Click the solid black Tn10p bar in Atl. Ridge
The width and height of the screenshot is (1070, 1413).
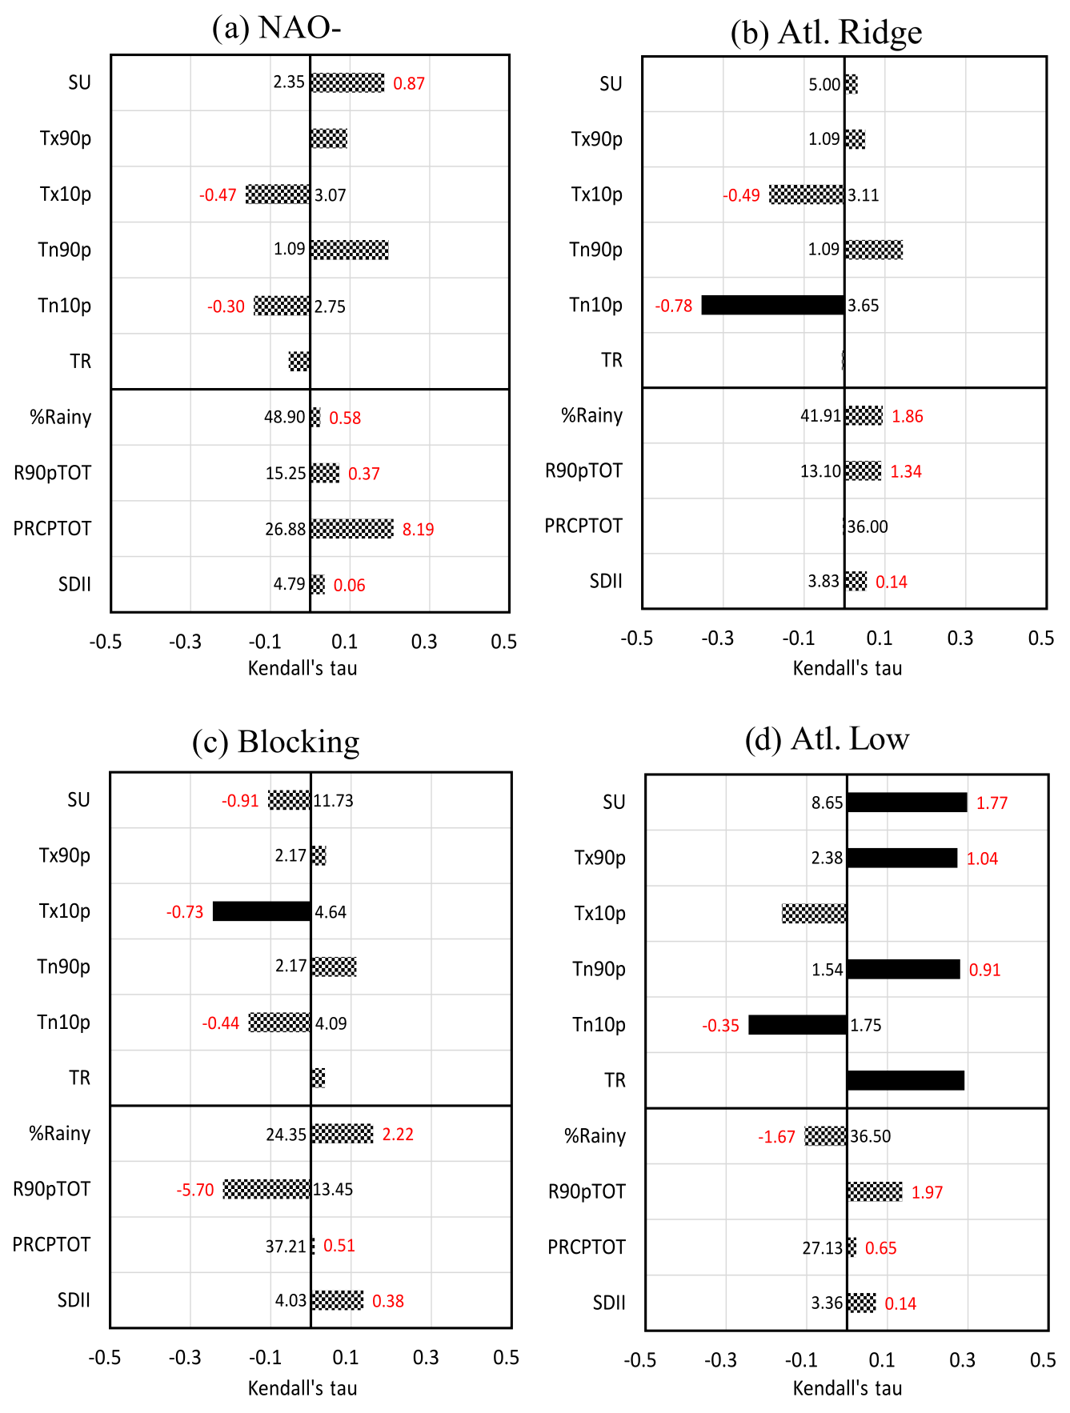(772, 305)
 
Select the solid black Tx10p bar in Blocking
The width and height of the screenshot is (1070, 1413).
(262, 911)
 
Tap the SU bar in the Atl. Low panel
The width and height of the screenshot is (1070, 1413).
(907, 803)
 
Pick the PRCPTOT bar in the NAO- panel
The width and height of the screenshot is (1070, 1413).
(352, 529)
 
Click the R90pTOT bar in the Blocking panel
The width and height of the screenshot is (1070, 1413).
(266, 1189)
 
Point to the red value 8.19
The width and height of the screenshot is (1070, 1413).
(418, 530)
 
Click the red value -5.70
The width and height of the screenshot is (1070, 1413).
(195, 1190)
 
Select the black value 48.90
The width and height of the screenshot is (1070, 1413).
(285, 418)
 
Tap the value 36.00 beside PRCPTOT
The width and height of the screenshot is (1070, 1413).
(868, 526)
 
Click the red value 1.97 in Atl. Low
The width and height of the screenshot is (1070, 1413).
(927, 1192)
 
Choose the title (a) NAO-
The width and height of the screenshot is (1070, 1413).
(276, 28)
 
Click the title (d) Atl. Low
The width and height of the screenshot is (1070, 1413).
(827, 739)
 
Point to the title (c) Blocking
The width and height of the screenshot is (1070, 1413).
(275, 742)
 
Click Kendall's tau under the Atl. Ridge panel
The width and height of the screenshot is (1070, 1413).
(847, 668)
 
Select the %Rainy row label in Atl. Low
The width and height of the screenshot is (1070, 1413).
(595, 1136)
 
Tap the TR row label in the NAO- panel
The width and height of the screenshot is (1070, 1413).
(80, 362)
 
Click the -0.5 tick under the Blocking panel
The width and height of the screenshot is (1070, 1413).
(105, 1357)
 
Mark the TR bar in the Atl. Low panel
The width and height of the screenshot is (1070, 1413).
(905, 1081)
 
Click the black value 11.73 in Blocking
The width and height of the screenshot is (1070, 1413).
(333, 801)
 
